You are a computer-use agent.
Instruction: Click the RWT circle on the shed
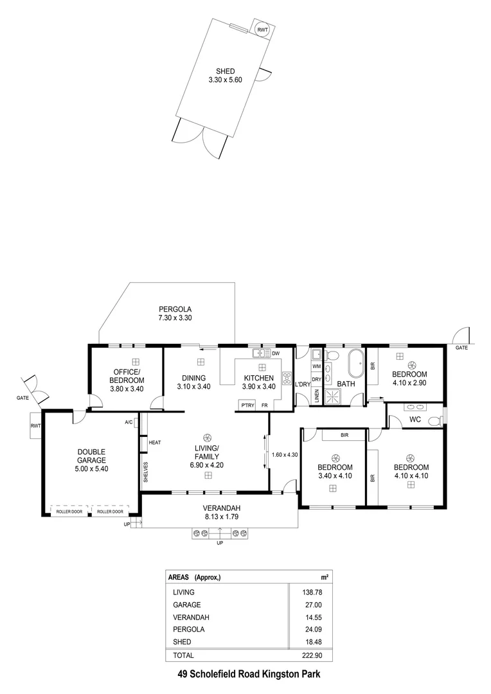[x=262, y=30]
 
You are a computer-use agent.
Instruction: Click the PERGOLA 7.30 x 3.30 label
[x=175, y=313]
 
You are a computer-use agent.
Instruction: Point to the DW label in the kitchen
[x=276, y=353]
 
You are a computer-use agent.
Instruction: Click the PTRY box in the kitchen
[x=247, y=405]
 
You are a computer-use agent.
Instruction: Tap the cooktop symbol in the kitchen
[x=286, y=379]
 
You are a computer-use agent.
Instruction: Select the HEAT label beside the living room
[x=155, y=443]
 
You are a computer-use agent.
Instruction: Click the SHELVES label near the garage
[x=146, y=472]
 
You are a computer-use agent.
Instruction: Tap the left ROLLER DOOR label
[x=69, y=512]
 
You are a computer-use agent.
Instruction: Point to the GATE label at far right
[x=461, y=348]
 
